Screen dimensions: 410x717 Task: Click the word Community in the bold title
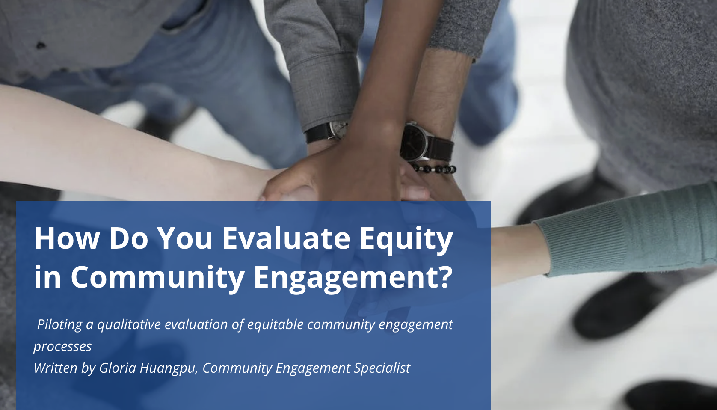[157, 277]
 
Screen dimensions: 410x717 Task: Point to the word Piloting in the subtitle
[59, 324]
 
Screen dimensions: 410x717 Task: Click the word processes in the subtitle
[62, 346]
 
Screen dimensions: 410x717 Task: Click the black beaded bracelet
[434, 169]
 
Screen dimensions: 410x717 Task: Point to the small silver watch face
[339, 128]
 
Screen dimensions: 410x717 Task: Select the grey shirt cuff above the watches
[325, 86]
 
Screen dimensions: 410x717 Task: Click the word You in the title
[185, 238]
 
